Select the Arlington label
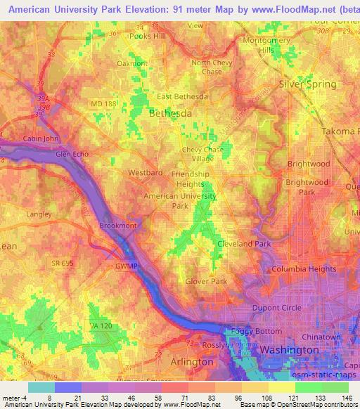(x=192, y=361)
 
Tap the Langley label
(x=38, y=214)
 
